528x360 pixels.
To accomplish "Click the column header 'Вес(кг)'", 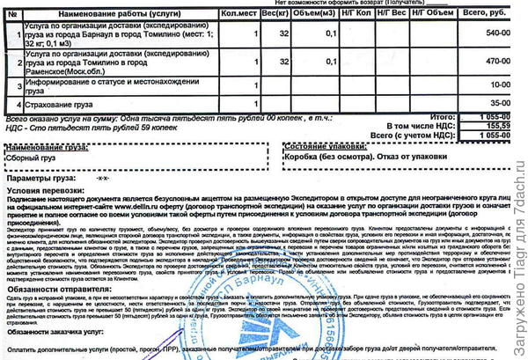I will point(276,14).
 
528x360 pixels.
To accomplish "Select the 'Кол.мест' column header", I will point(238,14).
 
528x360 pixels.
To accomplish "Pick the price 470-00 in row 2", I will point(498,62).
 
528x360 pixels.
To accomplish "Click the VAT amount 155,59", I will point(495,126).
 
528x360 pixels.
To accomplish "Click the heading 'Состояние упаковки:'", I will point(324,145).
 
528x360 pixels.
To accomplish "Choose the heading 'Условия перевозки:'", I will point(45,190).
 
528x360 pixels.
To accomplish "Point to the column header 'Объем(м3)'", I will point(319,14).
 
